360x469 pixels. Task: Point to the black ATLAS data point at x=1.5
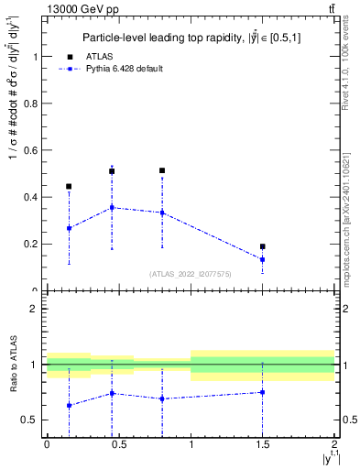(x=263, y=246)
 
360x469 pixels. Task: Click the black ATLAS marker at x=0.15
(x=69, y=186)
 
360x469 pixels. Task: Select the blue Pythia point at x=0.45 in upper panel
(x=112, y=207)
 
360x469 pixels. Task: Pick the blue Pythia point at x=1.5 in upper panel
(x=263, y=259)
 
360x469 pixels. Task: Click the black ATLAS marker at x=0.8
(x=162, y=170)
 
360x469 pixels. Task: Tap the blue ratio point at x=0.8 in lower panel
(x=162, y=398)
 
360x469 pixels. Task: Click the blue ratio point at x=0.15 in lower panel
(x=69, y=405)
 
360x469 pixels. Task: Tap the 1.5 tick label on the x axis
(x=263, y=446)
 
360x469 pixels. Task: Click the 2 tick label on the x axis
(x=335, y=446)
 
